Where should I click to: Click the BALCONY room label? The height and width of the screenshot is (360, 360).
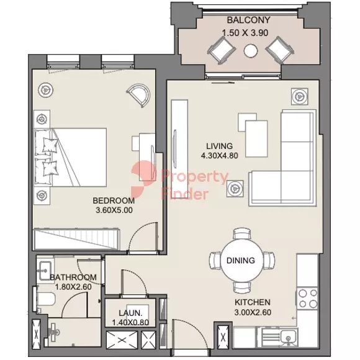click(248, 20)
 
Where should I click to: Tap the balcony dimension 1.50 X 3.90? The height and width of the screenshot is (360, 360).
click(245, 33)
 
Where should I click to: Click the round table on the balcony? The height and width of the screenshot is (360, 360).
click(251, 51)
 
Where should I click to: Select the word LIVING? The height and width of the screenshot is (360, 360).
click(219, 146)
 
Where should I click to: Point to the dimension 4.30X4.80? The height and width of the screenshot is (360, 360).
click(219, 156)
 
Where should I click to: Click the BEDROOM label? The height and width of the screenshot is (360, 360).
click(114, 200)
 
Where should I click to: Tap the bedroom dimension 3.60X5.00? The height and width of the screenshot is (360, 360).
click(114, 210)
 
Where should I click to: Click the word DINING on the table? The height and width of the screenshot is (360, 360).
click(241, 260)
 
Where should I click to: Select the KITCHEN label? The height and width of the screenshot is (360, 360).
click(253, 302)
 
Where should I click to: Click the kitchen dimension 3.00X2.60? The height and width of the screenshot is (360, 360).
click(253, 312)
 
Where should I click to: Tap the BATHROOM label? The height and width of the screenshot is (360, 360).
click(73, 277)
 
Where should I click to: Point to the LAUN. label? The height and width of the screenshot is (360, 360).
click(130, 313)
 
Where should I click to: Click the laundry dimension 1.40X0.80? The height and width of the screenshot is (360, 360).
click(130, 322)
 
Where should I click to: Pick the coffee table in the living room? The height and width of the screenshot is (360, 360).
click(256, 138)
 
